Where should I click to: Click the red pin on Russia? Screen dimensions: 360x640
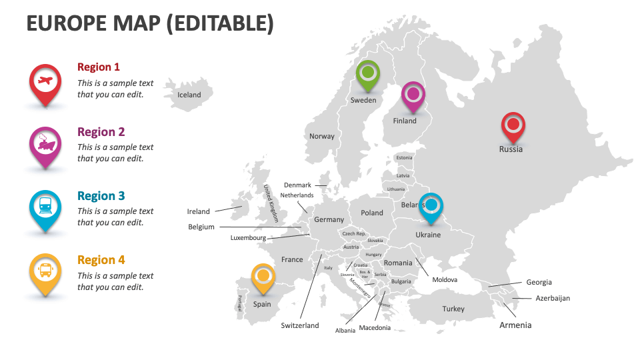pos(513,125)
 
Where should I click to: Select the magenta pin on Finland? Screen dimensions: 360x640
pos(413,94)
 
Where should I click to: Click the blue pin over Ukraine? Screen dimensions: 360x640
pos(431,205)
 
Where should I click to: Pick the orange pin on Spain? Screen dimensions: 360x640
pos(263,276)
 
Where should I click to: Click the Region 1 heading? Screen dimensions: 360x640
pos(99,67)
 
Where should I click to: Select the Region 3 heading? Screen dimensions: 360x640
pos(101,196)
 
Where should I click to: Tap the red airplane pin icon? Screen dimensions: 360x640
pos(45,83)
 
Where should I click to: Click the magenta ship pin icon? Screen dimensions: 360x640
pos(45,143)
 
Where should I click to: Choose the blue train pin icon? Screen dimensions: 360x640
pos(45,207)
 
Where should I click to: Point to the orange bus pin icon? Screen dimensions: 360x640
pos(45,271)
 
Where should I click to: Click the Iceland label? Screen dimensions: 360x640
pos(189,95)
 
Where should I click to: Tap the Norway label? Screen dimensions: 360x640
pos(322,136)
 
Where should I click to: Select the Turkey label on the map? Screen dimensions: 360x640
pos(453,309)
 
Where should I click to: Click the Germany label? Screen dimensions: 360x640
pos(329,219)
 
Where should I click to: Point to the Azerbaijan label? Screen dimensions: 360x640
pos(553,298)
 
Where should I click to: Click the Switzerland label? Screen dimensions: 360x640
pos(300,326)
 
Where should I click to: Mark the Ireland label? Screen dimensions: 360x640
pos(198,211)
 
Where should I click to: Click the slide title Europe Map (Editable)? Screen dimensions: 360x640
pos(150,23)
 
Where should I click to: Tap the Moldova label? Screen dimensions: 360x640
pos(445,279)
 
